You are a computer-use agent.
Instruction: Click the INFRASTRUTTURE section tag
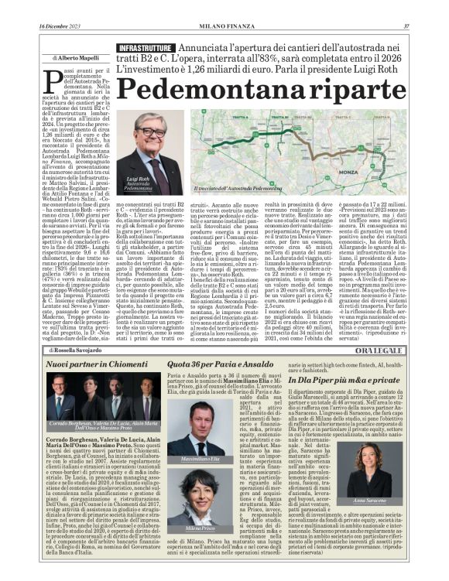pyautogui.click(x=144, y=49)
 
